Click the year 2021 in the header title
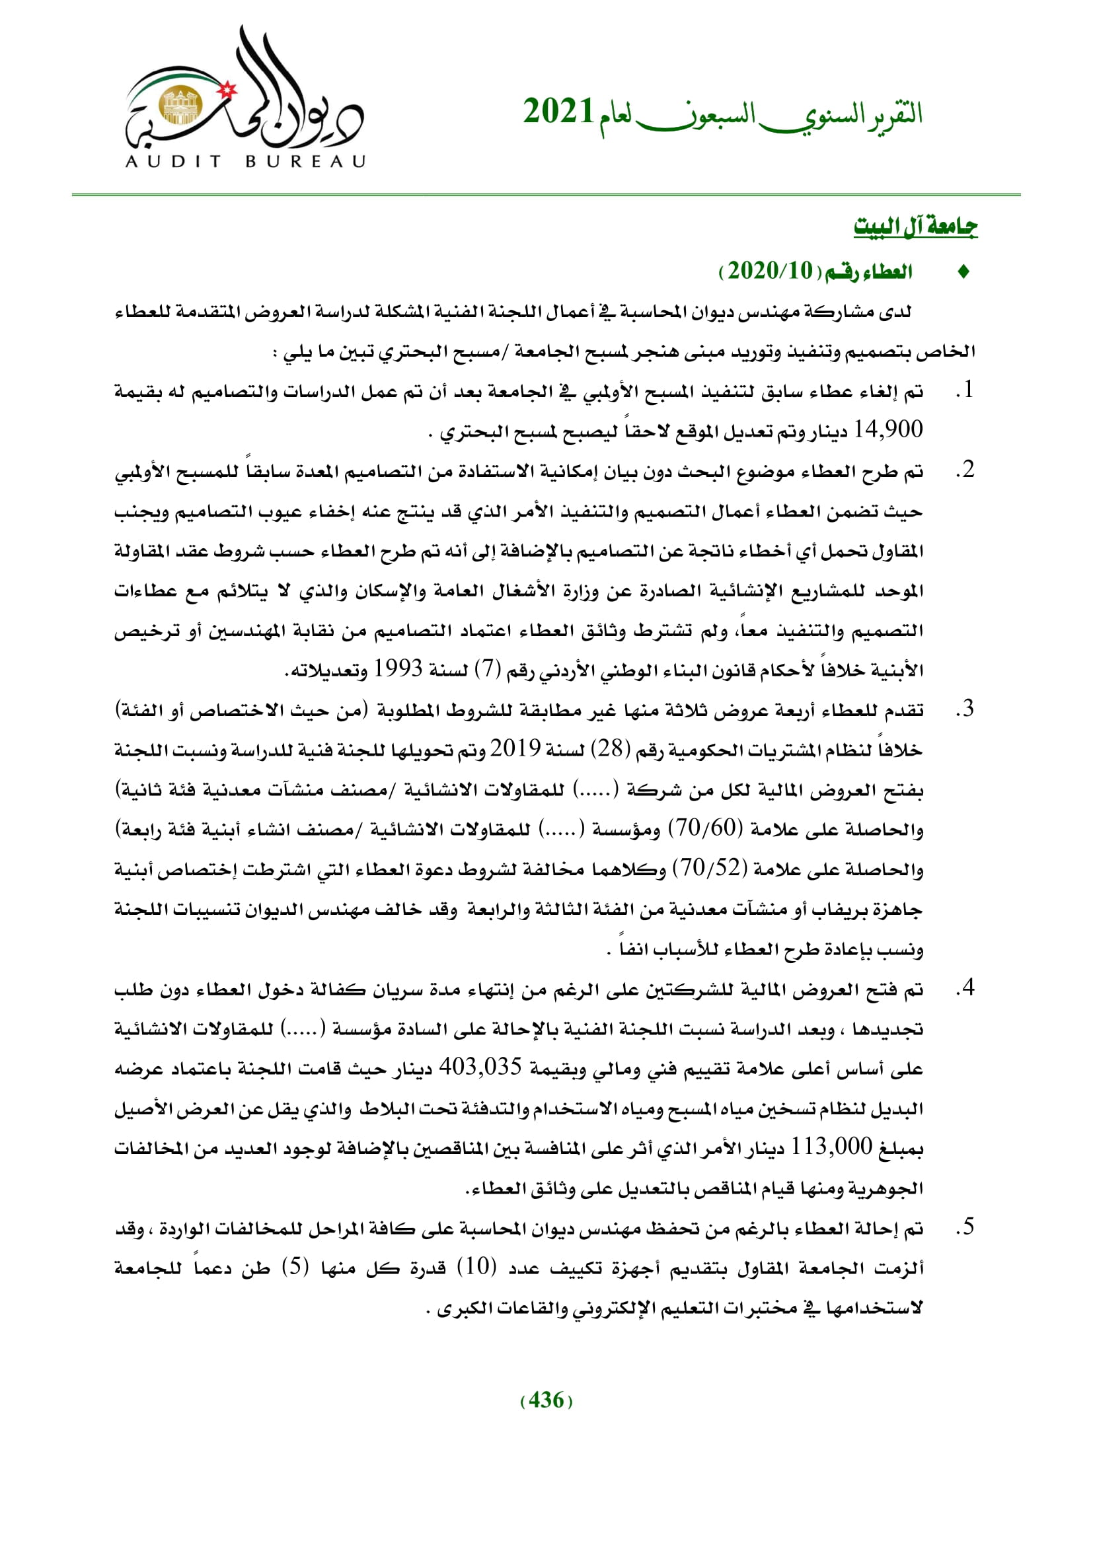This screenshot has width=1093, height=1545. tap(558, 112)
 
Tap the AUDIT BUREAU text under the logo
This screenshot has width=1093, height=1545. tap(246, 161)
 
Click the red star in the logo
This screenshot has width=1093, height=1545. tap(228, 89)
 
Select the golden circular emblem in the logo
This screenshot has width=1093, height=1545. tap(180, 106)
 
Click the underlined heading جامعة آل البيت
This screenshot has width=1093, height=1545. tap(915, 227)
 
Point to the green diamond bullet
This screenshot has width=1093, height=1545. tap(963, 272)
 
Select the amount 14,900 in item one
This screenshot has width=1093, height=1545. tap(887, 429)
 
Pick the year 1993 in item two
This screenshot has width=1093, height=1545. tap(398, 668)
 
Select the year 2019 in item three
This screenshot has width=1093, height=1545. tap(515, 748)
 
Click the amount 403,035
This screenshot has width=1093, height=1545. tap(480, 1067)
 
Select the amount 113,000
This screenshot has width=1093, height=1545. tap(831, 1146)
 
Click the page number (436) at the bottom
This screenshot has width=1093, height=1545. tap(546, 1400)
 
